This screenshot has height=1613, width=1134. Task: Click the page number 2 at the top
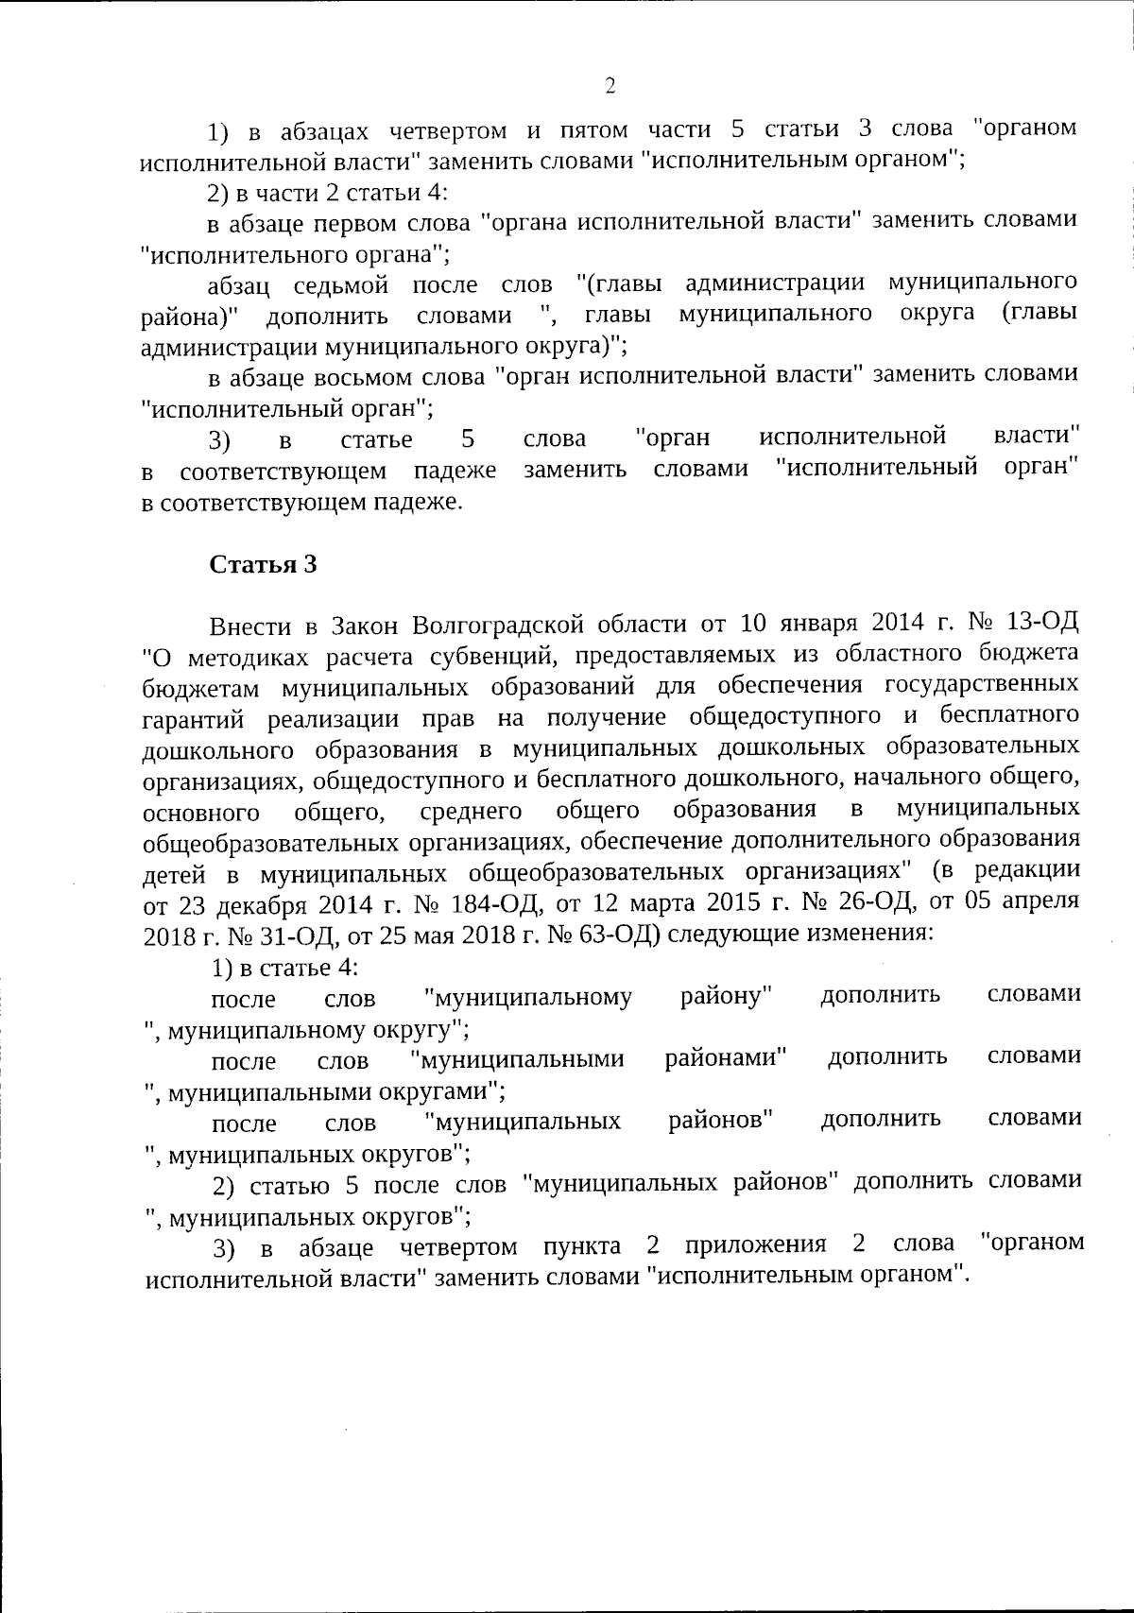(610, 87)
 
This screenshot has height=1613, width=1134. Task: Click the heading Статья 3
(263, 564)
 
